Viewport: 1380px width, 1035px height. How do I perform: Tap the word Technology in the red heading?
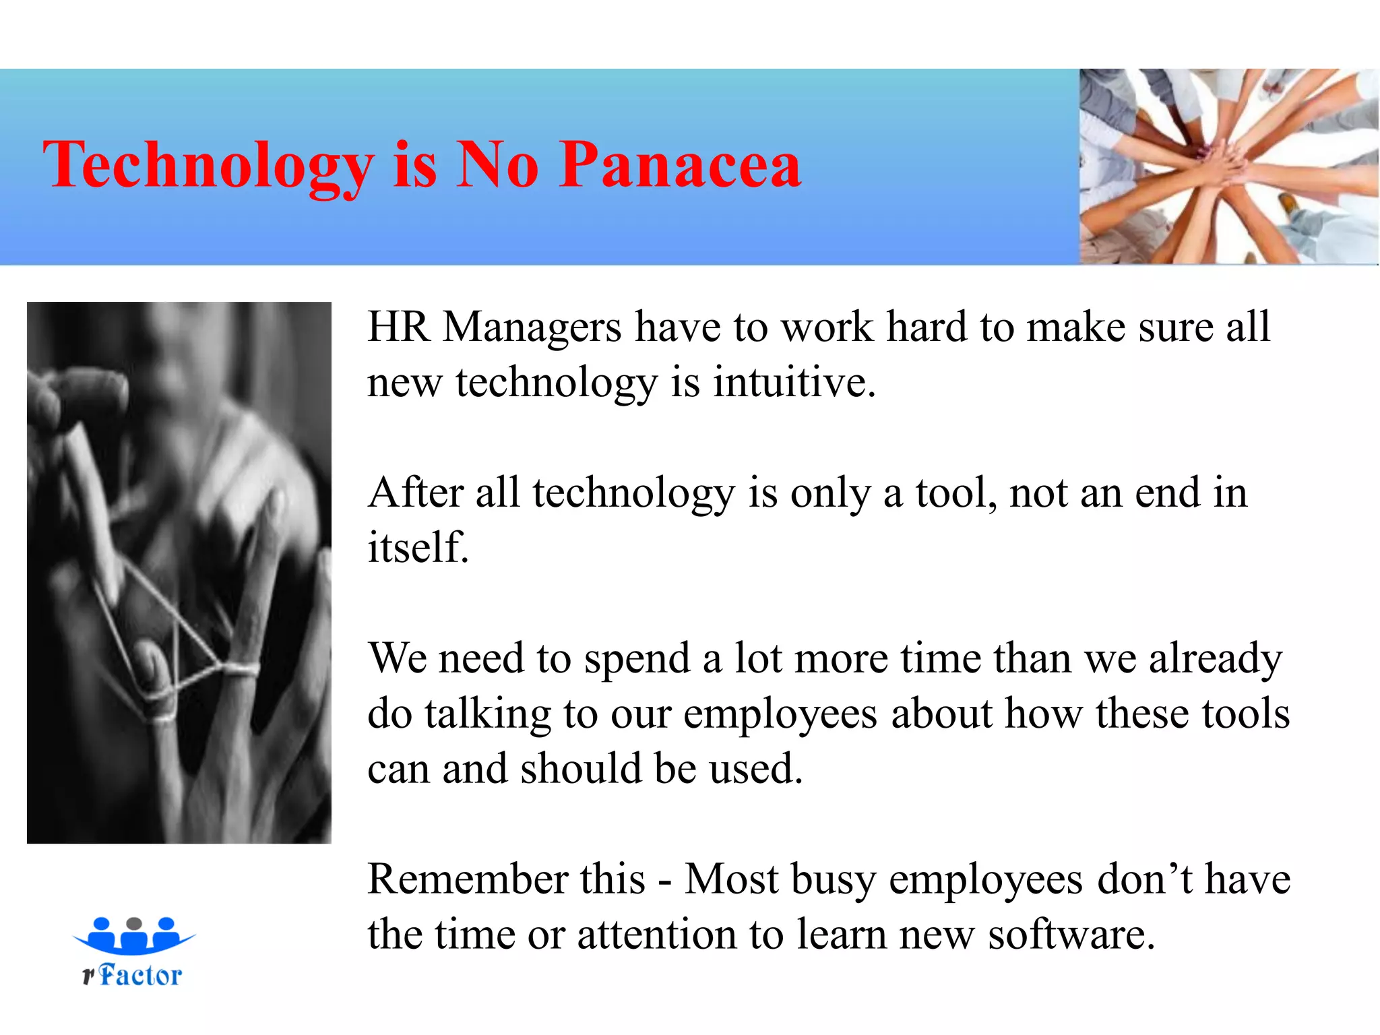pyautogui.click(x=208, y=166)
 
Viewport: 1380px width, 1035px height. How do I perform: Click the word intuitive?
pyautogui.click(x=794, y=382)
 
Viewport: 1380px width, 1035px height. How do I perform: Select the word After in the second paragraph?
pyautogui.click(x=416, y=492)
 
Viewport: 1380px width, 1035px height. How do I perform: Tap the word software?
pyautogui.click(x=1071, y=935)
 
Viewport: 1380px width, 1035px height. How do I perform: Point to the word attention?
pyautogui.click(x=657, y=935)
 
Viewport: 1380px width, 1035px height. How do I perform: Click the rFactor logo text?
pyautogui.click(x=133, y=976)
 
